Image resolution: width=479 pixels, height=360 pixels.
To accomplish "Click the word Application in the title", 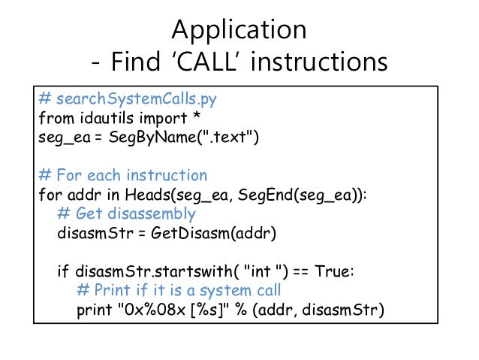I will tap(239, 29).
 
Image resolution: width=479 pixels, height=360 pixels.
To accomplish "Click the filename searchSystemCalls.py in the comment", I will tap(131, 99).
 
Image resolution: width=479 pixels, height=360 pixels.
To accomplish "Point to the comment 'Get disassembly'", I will tap(135, 213).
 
